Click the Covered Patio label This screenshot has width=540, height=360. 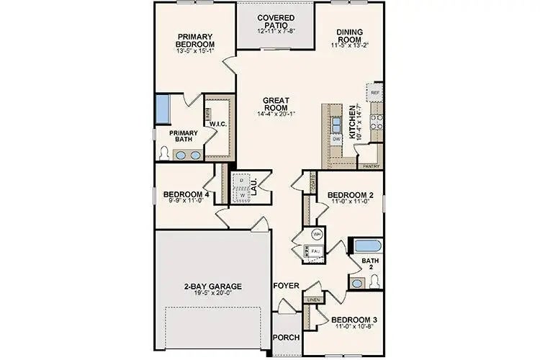275,19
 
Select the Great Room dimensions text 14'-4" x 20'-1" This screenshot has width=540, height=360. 276,114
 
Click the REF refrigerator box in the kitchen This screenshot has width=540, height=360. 374,94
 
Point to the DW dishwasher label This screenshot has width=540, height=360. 336,138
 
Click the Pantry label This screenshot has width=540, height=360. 371,166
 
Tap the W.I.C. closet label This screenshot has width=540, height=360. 219,124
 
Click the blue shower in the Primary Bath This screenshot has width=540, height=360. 164,108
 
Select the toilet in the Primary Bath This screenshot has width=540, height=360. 165,153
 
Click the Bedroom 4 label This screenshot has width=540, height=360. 186,194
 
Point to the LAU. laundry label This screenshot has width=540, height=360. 254,186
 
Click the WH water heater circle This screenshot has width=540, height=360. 317,235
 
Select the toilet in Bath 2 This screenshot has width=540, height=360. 374,282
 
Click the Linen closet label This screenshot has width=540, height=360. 312,299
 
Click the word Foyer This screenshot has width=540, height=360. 285,286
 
